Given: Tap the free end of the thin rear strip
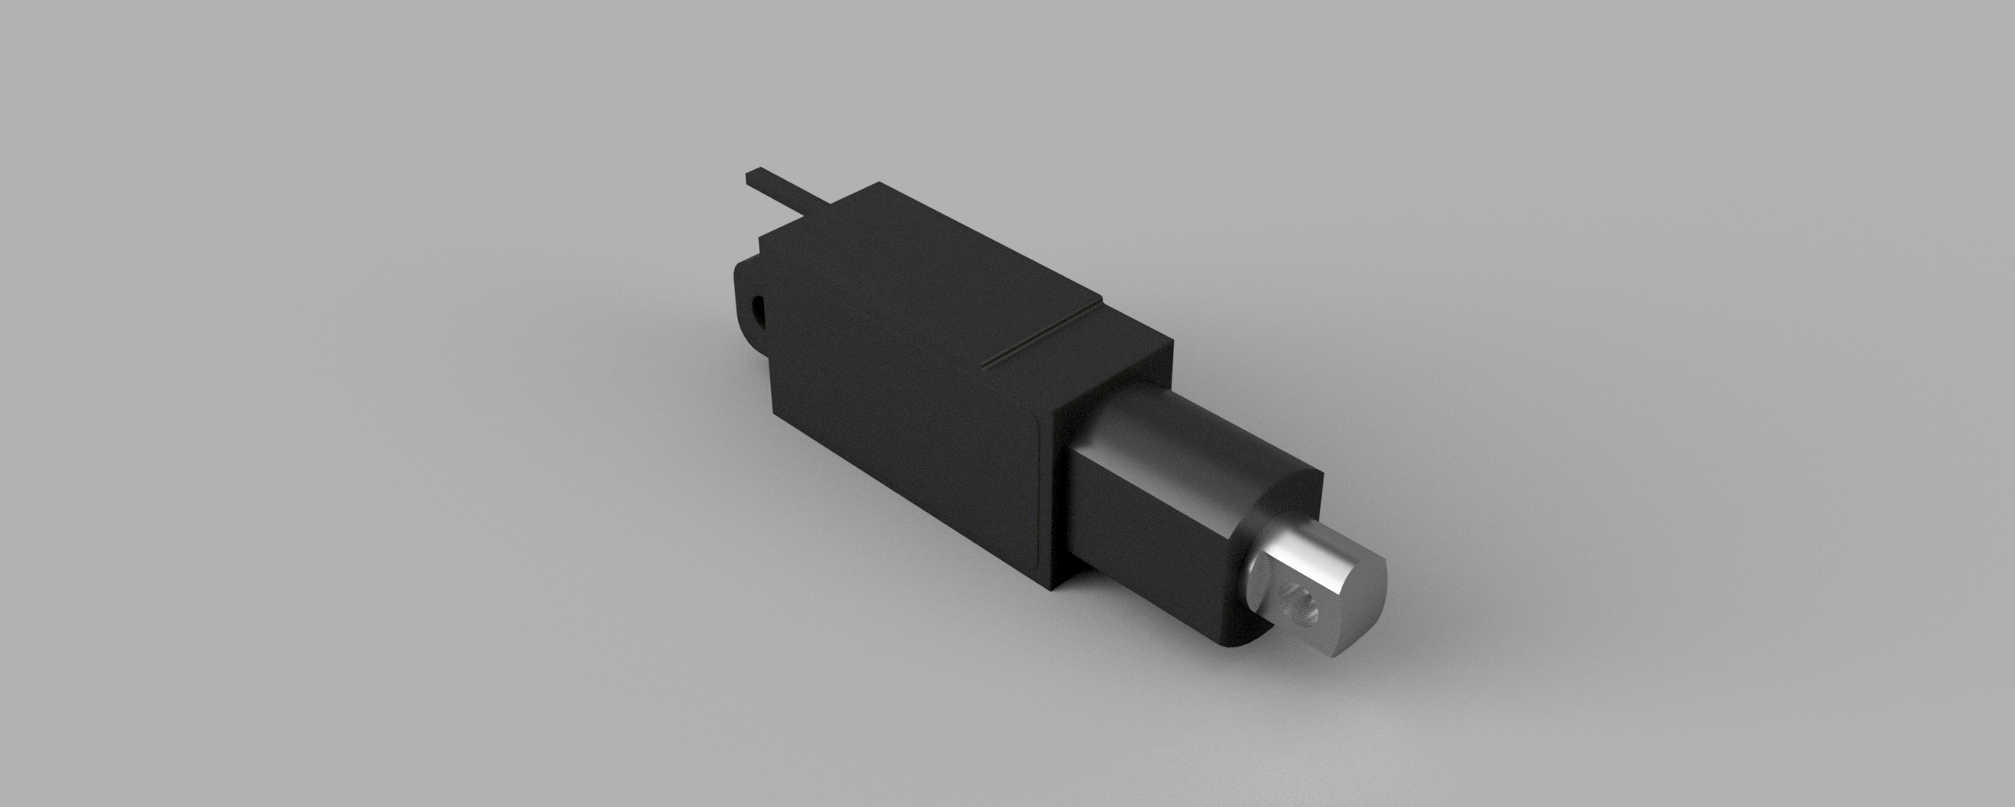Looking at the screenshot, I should [x=751, y=175].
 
